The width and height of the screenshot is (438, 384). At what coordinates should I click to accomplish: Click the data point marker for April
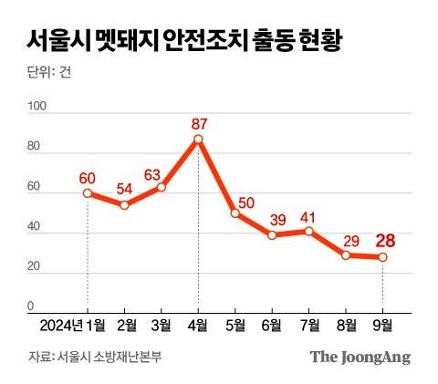click(x=198, y=140)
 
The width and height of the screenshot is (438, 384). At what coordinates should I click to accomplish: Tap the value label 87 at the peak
click(x=198, y=121)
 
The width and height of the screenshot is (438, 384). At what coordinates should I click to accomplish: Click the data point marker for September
click(x=383, y=257)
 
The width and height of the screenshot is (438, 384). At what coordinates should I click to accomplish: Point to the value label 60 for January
click(x=88, y=176)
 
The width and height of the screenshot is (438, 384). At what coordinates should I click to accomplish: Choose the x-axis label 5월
click(x=235, y=325)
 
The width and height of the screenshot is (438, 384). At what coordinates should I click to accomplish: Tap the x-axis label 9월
click(x=383, y=325)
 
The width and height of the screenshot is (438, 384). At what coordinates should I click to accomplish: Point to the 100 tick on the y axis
click(x=37, y=108)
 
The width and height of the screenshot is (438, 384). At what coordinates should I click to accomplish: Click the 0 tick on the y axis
click(x=30, y=306)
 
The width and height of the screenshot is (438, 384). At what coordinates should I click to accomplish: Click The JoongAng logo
click(x=360, y=357)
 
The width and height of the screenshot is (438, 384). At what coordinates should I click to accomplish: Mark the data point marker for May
click(x=235, y=213)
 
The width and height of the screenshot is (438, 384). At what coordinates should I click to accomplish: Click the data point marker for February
click(x=124, y=205)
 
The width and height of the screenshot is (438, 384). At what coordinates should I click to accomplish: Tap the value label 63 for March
click(x=162, y=171)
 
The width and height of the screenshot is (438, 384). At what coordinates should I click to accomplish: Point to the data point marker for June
click(x=272, y=235)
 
